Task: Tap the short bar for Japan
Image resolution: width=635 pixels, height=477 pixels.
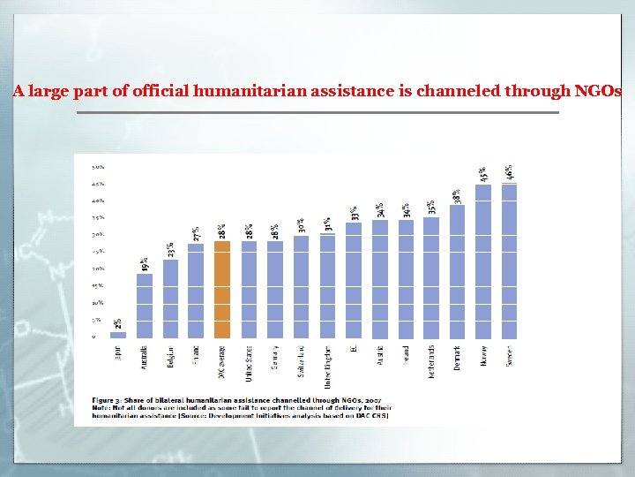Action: (118, 335)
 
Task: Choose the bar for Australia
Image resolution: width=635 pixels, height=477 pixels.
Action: (145, 306)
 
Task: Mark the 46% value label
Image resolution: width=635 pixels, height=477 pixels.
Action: (509, 172)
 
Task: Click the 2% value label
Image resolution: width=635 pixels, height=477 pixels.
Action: (118, 324)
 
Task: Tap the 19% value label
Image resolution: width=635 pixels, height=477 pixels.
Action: (145, 264)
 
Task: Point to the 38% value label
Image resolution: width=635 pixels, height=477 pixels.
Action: (457, 196)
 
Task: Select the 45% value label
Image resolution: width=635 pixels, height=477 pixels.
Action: (483, 175)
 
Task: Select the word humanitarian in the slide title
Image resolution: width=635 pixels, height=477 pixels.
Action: (269, 91)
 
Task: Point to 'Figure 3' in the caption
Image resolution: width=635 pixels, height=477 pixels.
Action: (108, 399)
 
